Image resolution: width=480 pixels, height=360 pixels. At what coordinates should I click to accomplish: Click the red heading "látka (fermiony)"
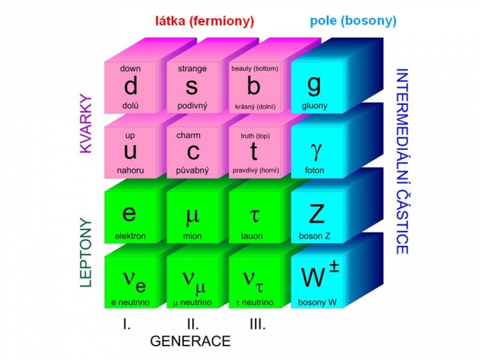(205, 21)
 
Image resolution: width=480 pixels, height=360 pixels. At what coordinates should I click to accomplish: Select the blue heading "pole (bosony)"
(353, 21)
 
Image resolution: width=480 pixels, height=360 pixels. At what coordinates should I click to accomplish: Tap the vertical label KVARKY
(86, 124)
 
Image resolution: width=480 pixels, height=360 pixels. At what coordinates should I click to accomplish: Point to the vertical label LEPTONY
(86, 253)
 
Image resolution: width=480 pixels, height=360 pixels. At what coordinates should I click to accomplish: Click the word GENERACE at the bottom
(190, 341)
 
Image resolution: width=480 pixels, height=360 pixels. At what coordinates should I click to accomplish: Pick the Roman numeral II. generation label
(193, 324)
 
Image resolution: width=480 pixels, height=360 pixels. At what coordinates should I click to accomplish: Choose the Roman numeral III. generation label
(257, 324)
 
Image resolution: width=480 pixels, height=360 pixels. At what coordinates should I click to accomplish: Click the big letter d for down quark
(130, 86)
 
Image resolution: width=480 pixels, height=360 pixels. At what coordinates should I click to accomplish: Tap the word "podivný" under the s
(192, 106)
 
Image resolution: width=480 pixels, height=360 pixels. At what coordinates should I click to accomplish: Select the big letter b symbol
(253, 86)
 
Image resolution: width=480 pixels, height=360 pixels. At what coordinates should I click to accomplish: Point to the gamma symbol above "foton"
(316, 151)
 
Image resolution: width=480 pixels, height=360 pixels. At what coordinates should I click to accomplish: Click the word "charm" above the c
(188, 135)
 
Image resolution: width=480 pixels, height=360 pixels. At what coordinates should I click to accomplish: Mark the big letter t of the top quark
(253, 151)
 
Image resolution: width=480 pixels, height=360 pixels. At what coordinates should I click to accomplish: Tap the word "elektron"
(130, 236)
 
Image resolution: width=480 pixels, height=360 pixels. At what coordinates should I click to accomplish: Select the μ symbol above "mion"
(193, 215)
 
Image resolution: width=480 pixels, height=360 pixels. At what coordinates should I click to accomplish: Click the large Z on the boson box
(316, 214)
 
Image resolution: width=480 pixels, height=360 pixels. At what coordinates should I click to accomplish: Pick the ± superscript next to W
(334, 266)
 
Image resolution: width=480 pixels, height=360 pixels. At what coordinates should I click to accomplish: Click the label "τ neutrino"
(254, 302)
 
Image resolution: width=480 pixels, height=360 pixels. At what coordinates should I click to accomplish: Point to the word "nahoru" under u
(130, 170)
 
